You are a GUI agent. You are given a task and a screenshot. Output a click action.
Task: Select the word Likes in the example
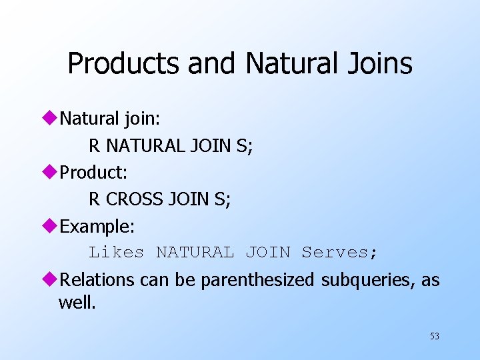click(117, 253)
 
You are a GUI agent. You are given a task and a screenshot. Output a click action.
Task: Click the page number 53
click(435, 336)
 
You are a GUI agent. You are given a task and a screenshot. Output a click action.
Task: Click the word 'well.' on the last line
click(77, 303)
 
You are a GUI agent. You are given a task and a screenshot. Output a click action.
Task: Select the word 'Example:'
click(97, 227)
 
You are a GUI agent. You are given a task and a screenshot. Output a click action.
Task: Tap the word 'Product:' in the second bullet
click(93, 172)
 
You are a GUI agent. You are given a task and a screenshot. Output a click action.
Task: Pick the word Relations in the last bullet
click(98, 281)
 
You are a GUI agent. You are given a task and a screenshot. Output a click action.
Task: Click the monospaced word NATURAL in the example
click(195, 253)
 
